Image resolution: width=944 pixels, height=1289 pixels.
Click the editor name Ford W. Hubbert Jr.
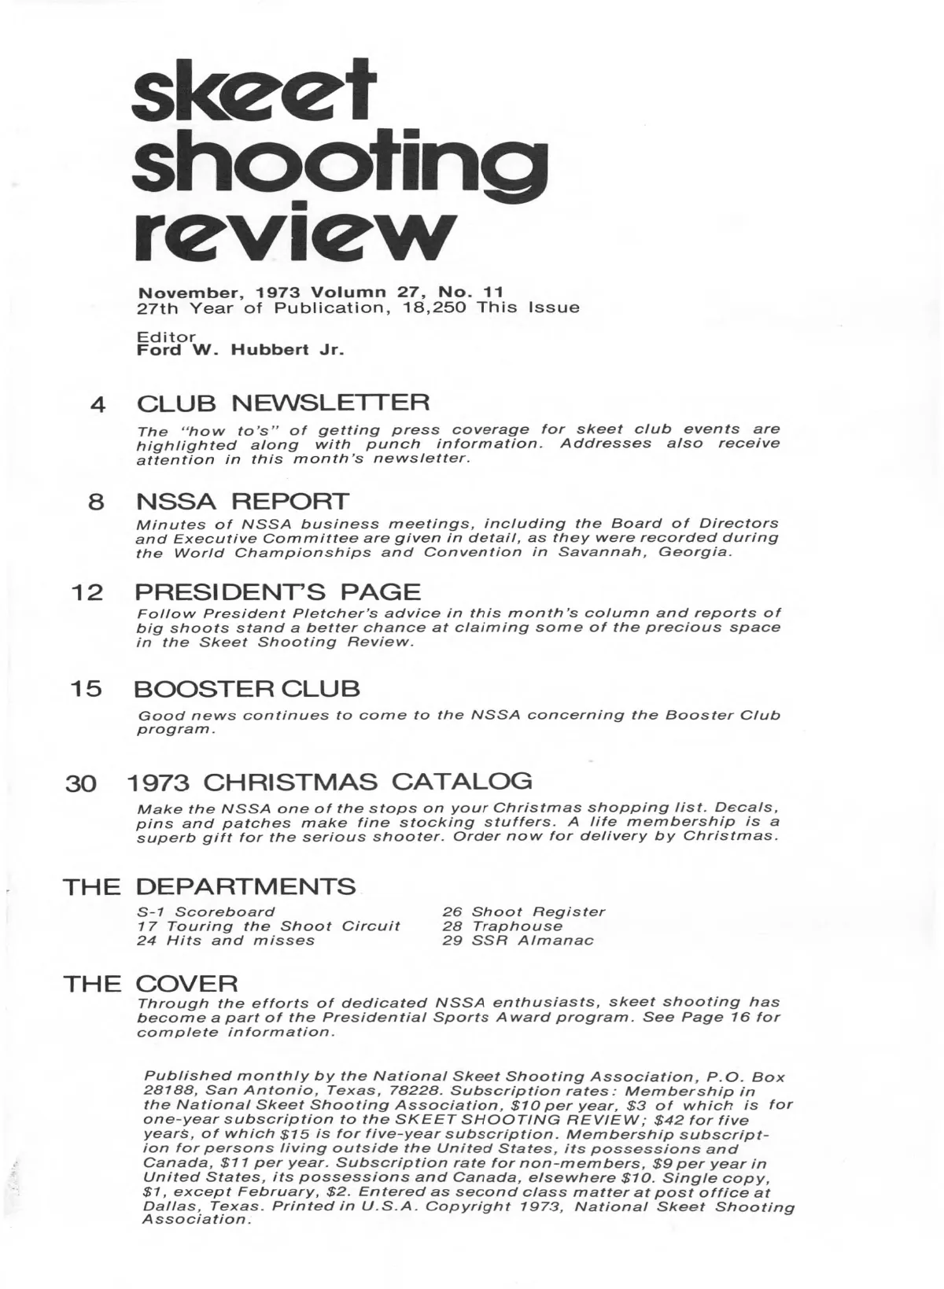pos(241,350)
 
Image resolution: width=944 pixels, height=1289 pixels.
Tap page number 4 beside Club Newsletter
pos(98,405)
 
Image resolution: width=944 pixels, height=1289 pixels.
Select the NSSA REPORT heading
pos(242,501)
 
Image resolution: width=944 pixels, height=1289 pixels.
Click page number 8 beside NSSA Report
pos(97,503)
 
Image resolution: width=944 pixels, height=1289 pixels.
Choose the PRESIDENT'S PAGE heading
pos(278,591)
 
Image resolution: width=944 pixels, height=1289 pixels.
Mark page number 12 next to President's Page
pos(87,593)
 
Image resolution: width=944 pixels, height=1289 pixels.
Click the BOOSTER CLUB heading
pos(247,689)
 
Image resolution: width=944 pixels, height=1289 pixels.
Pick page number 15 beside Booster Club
pos(87,690)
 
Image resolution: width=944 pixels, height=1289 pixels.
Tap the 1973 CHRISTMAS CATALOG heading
pos(329,782)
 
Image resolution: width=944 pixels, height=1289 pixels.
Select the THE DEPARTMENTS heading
pos(209,887)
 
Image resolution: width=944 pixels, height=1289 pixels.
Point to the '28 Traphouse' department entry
pos(502,926)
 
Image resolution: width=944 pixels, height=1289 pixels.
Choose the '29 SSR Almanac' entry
pos(517,940)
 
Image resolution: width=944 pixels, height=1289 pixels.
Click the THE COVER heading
pos(150,984)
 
